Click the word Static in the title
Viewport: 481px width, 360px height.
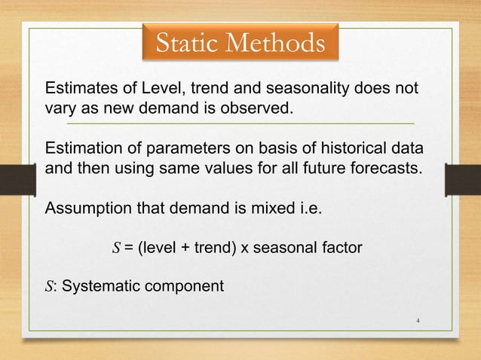coord(184,44)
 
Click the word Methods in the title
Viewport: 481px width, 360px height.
coord(273,44)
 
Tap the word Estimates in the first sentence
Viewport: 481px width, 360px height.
coord(79,89)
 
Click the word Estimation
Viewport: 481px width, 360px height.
coord(81,148)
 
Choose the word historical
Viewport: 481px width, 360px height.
coord(350,148)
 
